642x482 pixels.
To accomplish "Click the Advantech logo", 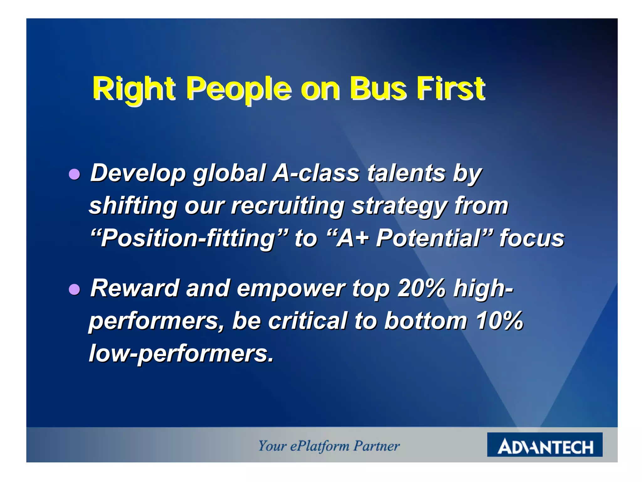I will (x=545, y=445).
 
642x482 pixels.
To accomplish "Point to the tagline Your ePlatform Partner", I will (x=329, y=446).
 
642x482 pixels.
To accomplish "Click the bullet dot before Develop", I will (x=74, y=174).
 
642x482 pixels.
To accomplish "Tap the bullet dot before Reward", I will (x=74, y=289).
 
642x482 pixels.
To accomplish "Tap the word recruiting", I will (x=287, y=206).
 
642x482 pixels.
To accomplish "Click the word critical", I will (x=308, y=321).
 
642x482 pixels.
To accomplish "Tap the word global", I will (x=229, y=173).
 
